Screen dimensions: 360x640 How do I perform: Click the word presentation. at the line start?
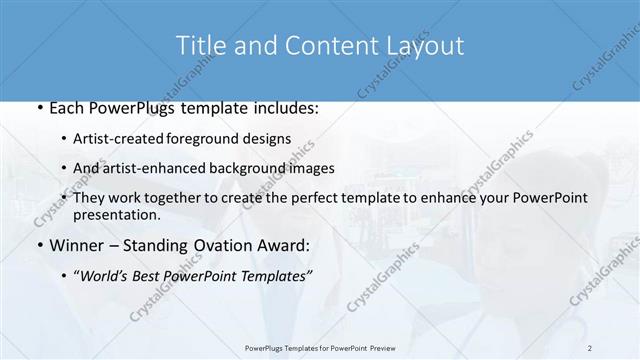click(116, 214)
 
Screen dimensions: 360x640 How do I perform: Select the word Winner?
click(75, 245)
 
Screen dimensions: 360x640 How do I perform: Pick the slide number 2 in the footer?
click(589, 348)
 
